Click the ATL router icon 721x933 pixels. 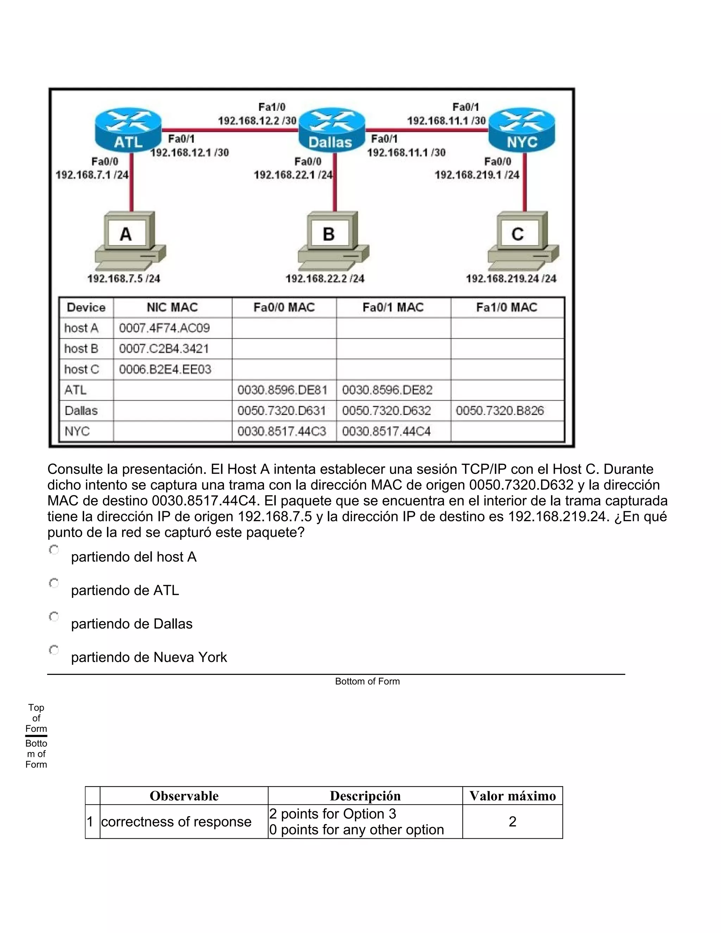coord(128,130)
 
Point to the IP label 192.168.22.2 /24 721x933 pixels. coord(325,278)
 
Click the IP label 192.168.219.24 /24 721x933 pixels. coord(511,278)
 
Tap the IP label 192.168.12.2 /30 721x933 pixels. coord(257,120)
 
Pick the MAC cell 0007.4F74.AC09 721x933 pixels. coord(164,328)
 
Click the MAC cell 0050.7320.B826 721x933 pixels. coord(500,411)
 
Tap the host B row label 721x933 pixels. coord(81,349)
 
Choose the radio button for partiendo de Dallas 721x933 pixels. coord(54,616)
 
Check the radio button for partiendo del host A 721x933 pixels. coord(54,550)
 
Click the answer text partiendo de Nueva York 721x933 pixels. coord(149,657)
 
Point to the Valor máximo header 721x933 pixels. coord(512,796)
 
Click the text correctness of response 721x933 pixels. coord(176,821)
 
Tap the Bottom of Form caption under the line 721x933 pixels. coord(367,681)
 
